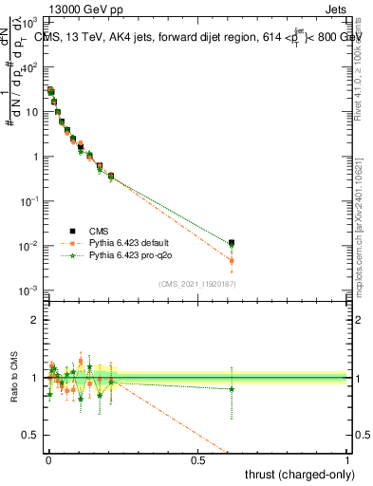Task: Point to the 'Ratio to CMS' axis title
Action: coord(11,378)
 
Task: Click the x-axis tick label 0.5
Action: coord(198,459)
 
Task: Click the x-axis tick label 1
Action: coord(348,459)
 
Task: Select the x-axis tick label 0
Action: coord(48,459)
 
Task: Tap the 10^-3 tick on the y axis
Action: coord(33,290)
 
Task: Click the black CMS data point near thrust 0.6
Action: coord(232,243)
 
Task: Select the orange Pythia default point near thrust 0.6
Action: coord(232,260)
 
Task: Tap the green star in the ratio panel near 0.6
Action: coord(232,389)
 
